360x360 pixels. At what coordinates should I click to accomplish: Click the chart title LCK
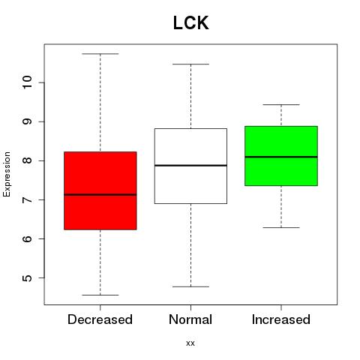[190, 23]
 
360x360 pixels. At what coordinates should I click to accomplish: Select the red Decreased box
[100, 190]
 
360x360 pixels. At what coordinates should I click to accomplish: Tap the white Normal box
[190, 166]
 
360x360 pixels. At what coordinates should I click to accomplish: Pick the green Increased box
[281, 156]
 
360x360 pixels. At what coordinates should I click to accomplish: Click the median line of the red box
[100, 194]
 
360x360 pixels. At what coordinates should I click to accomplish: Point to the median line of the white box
[190, 166]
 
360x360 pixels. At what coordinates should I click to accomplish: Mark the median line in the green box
[281, 157]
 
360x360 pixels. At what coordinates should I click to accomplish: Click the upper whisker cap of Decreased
[100, 54]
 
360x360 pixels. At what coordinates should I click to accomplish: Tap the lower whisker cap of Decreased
[100, 295]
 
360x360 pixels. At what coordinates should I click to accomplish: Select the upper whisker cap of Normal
[190, 64]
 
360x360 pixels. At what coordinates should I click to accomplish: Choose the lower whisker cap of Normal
[190, 286]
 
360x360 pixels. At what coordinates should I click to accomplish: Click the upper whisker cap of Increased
[281, 104]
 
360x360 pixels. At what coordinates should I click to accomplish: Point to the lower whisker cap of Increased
[281, 227]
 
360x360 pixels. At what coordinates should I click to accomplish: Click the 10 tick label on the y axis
[28, 82]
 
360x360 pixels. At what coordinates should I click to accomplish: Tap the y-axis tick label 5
[28, 278]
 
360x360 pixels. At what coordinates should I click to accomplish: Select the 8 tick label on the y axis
[28, 160]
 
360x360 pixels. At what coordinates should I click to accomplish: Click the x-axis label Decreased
[100, 319]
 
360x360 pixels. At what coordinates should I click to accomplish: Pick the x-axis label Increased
[281, 319]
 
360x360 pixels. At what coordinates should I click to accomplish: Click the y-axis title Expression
[7, 174]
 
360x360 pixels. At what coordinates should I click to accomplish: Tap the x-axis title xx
[190, 343]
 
